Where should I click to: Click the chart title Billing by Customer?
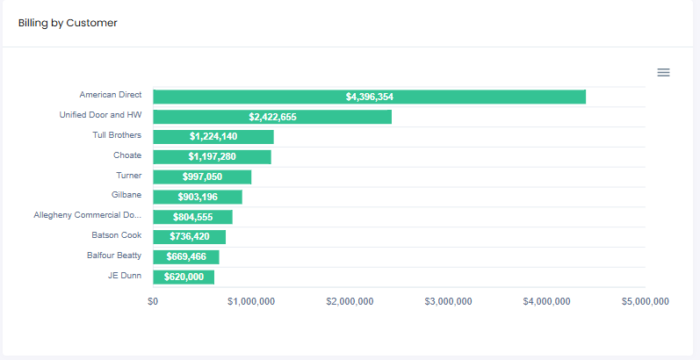pos(68,23)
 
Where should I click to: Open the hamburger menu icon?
pos(663,72)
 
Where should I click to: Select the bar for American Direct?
pos(369,97)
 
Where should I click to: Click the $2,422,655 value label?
pos(272,117)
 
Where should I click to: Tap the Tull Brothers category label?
pos(117,135)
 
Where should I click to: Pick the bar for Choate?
pos(212,157)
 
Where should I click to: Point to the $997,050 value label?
pos(202,176)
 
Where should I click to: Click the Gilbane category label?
pos(126,195)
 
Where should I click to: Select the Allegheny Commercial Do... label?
pos(87,215)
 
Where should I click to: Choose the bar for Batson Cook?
pos(189,237)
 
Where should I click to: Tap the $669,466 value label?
pos(186,256)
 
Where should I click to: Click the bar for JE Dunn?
pos(183,277)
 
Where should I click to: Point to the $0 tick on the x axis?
pos(153,301)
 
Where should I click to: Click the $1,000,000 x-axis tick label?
pos(251,301)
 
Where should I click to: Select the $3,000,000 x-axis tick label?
pos(448,301)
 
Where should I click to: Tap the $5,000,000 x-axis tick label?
pos(645,301)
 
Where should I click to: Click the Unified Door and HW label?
pos(100,115)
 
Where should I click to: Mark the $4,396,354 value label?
pos(369,97)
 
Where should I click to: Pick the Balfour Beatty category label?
pos(114,256)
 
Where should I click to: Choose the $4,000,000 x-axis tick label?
pos(546,301)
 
